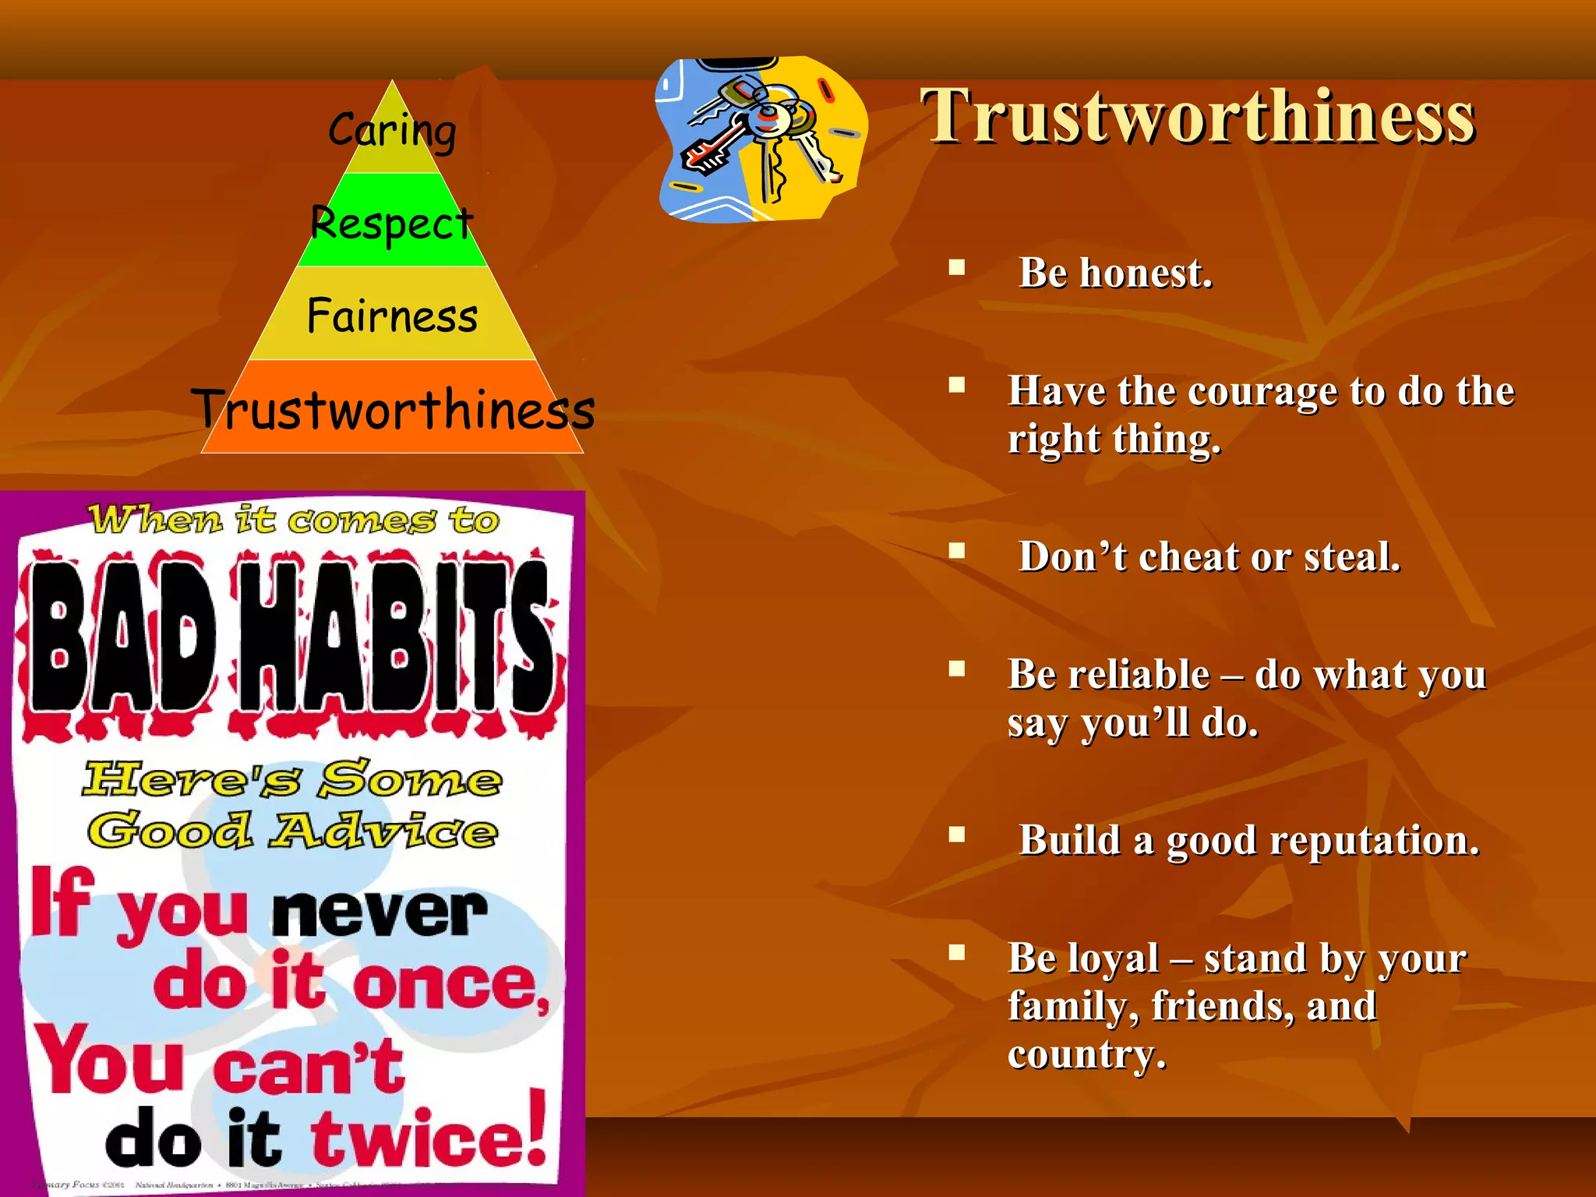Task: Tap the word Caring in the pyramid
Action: pos(392,130)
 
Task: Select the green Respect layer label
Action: pos(392,224)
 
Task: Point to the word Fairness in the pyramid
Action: pos(392,316)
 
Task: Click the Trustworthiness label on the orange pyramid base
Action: pos(394,410)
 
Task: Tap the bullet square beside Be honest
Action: pos(957,268)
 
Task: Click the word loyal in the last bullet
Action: pos(1121,959)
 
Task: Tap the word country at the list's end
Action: pos(1086,1055)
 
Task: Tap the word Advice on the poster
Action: pos(383,831)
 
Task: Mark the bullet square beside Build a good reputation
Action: pos(957,835)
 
